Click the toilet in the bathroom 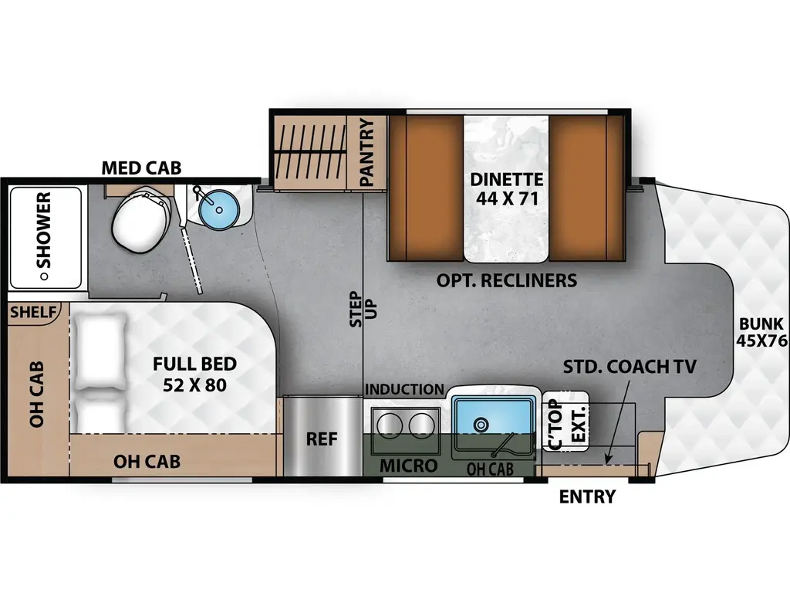coord(139,220)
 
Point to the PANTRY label coord(367,152)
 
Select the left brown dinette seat coord(424,188)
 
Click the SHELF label coord(34,312)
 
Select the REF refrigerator coord(322,439)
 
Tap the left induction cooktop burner coord(387,424)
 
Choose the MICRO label coord(408,466)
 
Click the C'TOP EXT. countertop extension coord(565,422)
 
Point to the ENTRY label coord(587,496)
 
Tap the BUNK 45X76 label coord(760,332)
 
